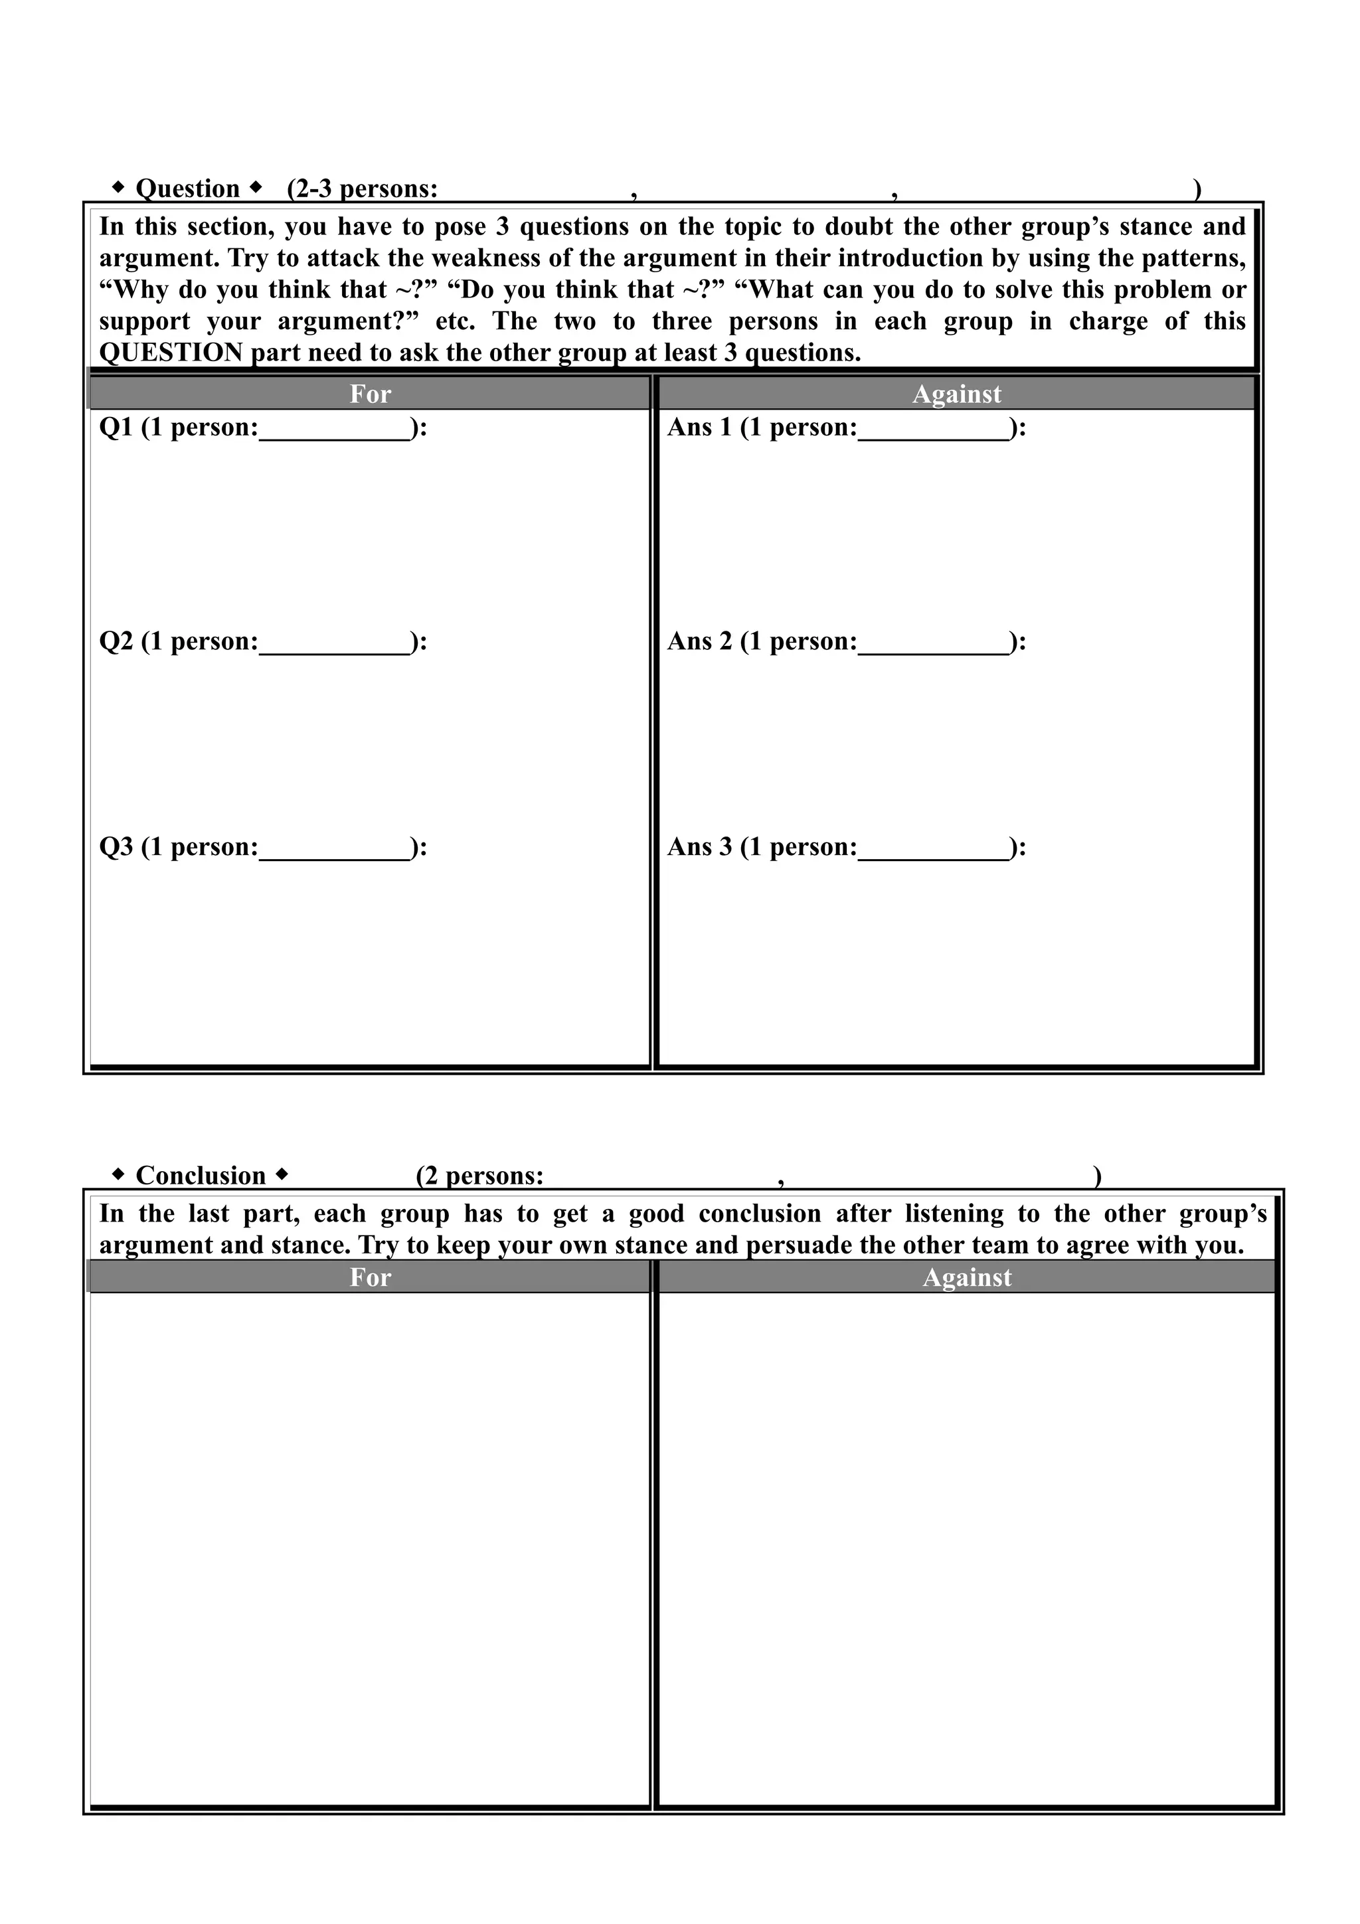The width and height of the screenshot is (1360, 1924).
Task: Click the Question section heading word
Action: click(188, 189)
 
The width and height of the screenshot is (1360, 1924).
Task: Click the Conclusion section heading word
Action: click(201, 1176)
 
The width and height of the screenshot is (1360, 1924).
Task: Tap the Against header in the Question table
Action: click(956, 394)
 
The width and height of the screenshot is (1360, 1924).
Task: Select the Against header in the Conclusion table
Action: click(967, 1277)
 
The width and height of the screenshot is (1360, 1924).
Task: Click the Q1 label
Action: click(116, 428)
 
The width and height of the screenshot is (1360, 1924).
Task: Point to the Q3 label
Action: click(116, 847)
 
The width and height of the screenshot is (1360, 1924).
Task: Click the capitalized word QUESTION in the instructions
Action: click(171, 353)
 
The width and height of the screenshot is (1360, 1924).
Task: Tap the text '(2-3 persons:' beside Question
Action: click(362, 189)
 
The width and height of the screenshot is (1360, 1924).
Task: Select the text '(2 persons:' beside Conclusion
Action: click(480, 1176)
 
